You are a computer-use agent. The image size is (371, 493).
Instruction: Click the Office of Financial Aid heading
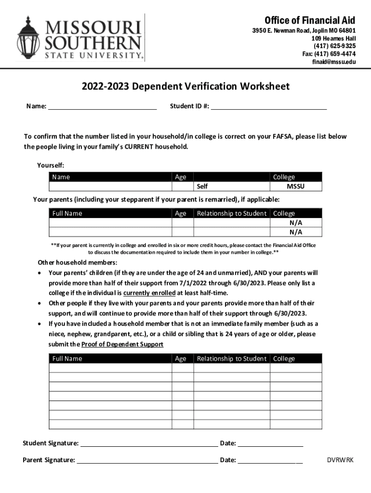click(310, 20)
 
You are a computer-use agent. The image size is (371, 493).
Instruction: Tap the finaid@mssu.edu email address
click(334, 62)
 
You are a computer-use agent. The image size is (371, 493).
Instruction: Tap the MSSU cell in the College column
click(296, 186)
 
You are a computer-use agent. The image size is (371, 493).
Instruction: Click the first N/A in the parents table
click(296, 223)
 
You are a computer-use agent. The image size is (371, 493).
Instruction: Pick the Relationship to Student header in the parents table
click(231, 213)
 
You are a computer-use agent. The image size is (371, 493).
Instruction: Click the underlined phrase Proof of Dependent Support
click(122, 344)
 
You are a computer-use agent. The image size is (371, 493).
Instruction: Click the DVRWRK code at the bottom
click(340, 460)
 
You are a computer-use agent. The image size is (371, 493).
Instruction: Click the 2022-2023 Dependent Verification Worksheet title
click(185, 87)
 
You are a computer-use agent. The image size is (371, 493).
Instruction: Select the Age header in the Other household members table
click(181, 359)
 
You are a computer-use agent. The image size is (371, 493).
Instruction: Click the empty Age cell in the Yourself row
click(183, 186)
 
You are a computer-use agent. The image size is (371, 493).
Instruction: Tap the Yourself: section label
click(51, 165)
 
